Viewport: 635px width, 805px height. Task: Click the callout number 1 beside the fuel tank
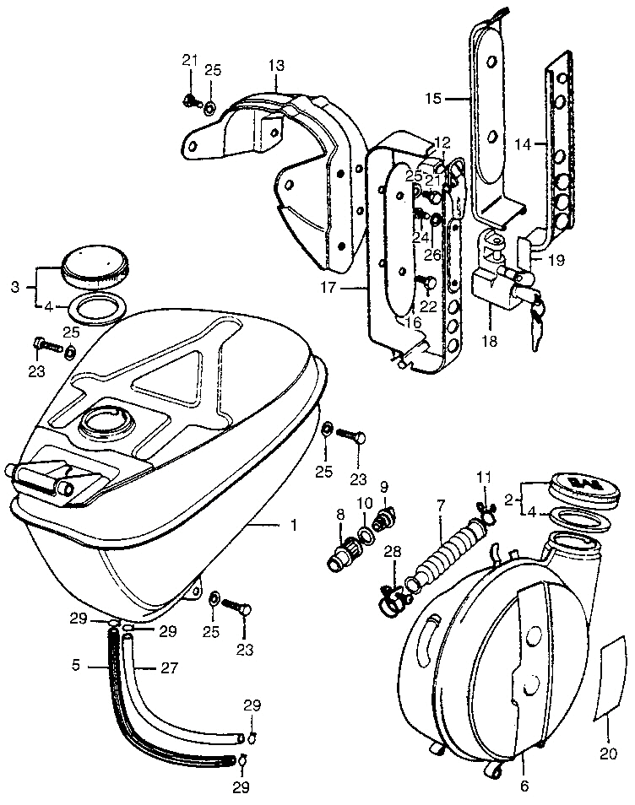pos(293,526)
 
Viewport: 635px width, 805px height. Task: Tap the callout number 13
pos(277,65)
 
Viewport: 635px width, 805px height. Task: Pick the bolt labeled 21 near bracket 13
pos(189,101)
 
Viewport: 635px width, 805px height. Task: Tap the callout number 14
pos(524,144)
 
